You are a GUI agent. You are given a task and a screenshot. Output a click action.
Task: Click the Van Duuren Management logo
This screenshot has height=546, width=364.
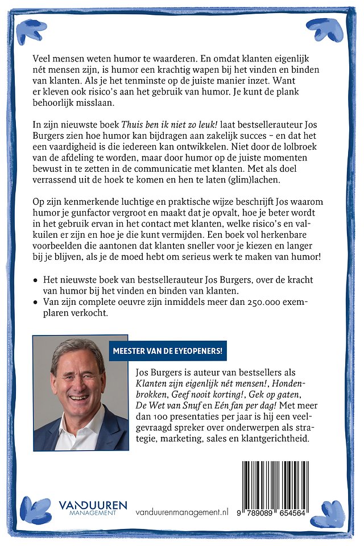click(92, 508)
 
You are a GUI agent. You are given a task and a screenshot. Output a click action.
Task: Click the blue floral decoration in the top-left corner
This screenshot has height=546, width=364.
click(31, 31)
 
